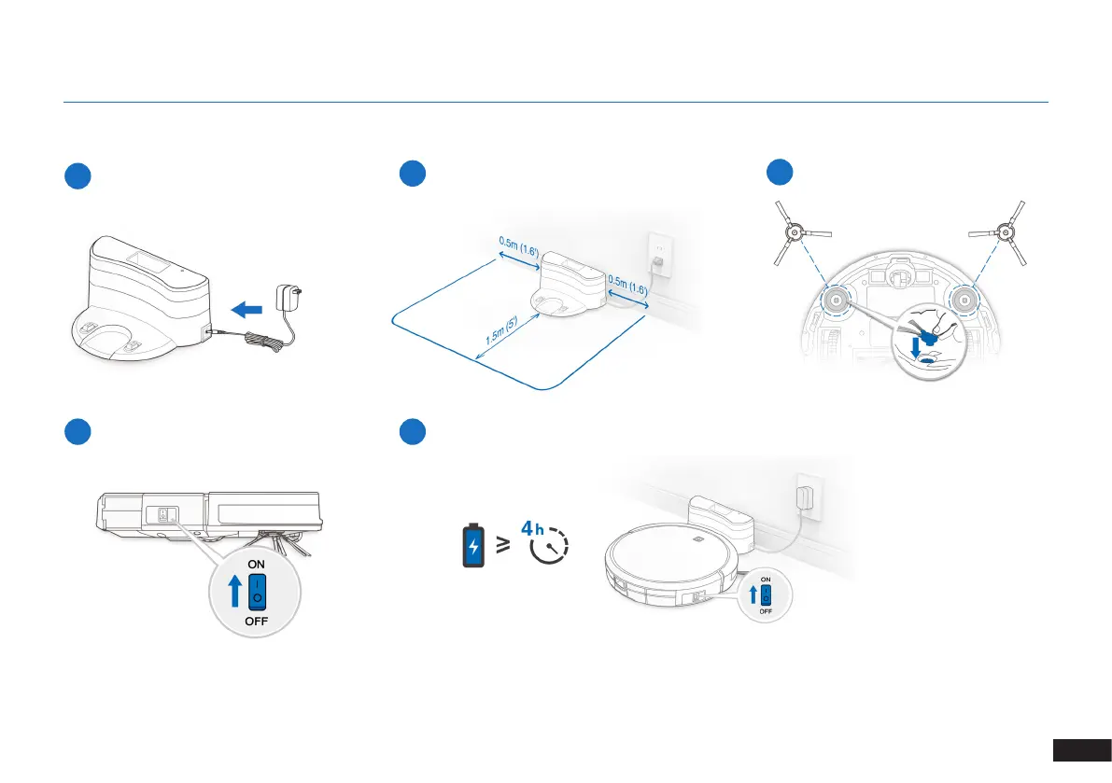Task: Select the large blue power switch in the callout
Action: (x=256, y=593)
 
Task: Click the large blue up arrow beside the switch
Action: (x=233, y=592)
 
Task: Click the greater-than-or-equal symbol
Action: (x=503, y=545)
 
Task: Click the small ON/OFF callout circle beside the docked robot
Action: (x=764, y=595)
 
